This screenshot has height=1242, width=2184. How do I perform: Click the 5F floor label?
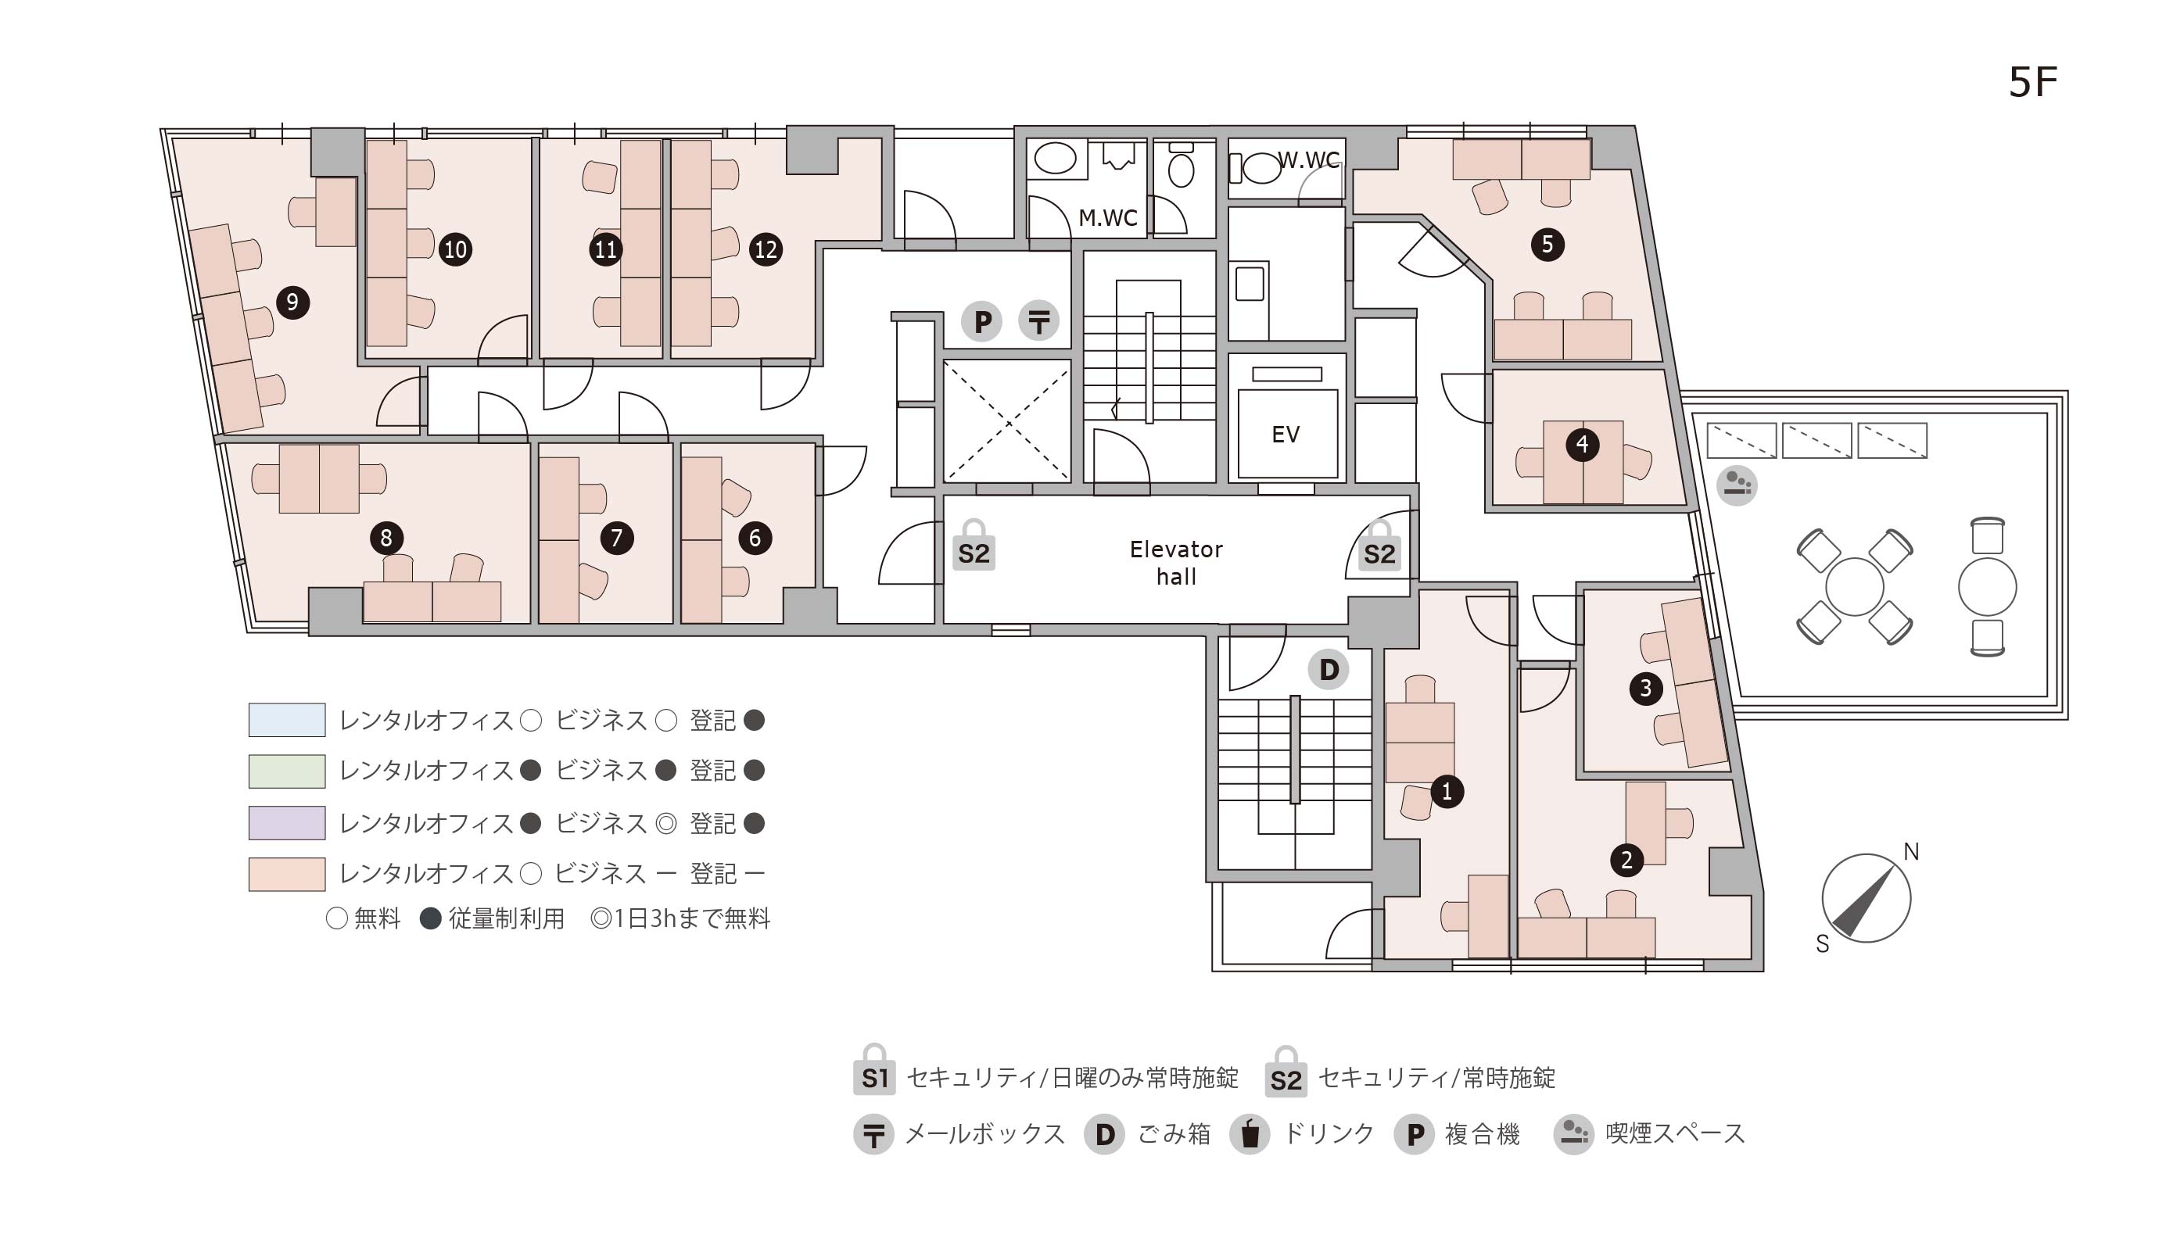[2033, 82]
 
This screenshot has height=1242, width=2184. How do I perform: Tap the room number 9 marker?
[292, 302]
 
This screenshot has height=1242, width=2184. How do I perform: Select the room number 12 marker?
[766, 249]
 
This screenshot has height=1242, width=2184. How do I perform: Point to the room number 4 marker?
[1583, 444]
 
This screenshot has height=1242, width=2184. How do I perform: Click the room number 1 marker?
[1447, 792]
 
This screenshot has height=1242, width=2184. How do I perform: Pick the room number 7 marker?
[617, 538]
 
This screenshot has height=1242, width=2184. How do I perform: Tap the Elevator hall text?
[1177, 563]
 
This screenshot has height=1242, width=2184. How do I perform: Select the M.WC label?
[1108, 218]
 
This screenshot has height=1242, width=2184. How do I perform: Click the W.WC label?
[1308, 159]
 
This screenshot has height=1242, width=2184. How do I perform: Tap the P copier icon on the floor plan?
[982, 321]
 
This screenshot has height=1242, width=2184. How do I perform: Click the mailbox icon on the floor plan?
[1039, 321]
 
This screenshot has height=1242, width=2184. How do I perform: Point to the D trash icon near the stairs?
[1329, 670]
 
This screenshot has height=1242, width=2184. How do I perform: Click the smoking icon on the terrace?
[1737, 485]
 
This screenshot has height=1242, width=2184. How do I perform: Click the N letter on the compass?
[1911, 852]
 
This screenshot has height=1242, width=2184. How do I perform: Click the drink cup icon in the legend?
[1250, 1134]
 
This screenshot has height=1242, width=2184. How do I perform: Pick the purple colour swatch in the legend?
[287, 823]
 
